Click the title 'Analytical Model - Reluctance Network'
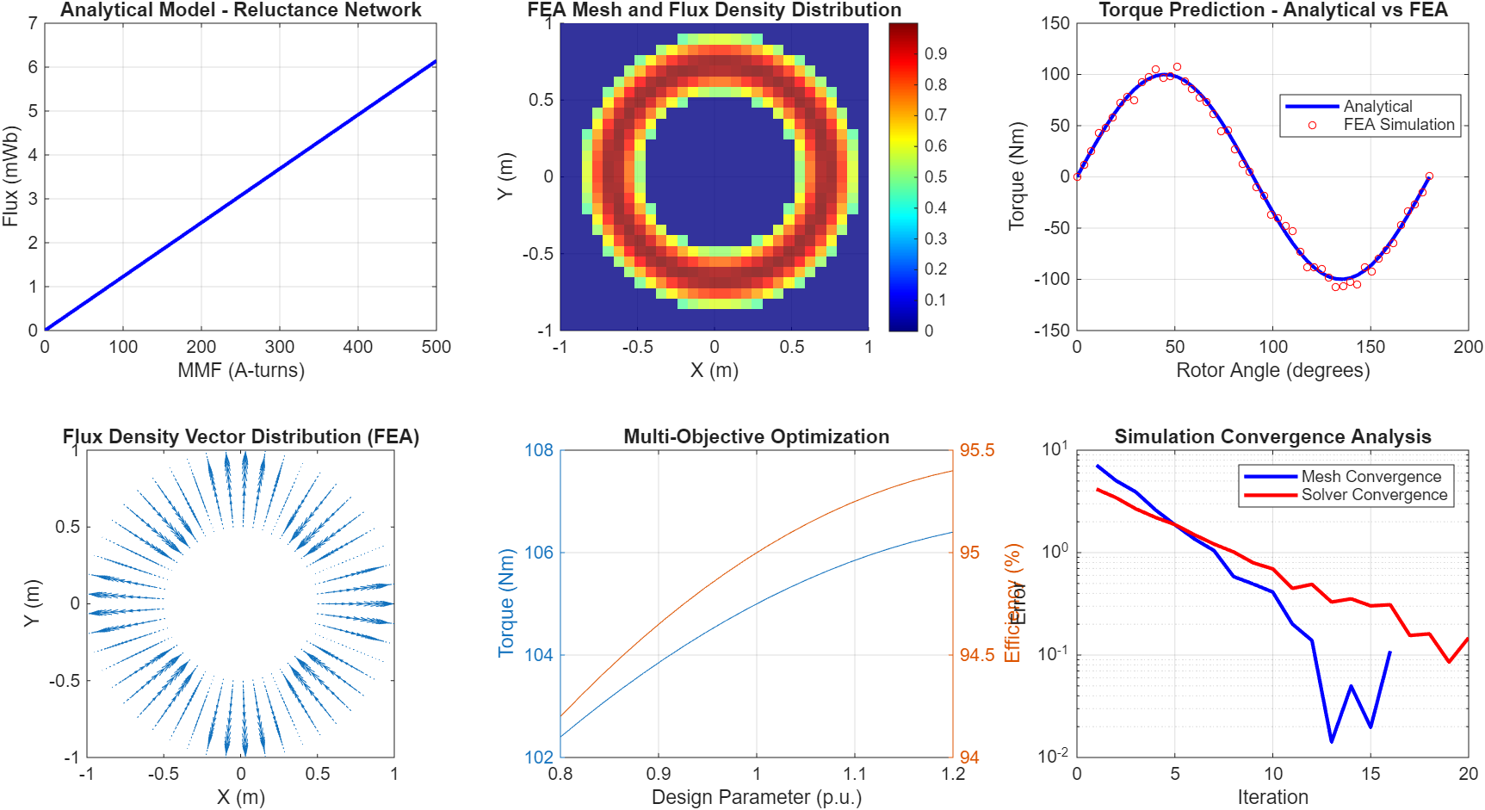(240, 10)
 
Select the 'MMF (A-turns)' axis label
(240, 370)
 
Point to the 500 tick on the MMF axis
(436, 347)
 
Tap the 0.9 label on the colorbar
(936, 53)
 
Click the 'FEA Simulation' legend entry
(1398, 125)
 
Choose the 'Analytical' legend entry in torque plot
(1377, 107)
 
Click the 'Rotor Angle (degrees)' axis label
(1272, 370)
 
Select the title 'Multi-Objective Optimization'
(756, 436)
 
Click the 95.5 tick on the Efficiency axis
(977, 450)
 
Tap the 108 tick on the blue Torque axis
(539, 450)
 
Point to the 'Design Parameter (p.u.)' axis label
(756, 797)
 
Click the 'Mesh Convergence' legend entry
(1371, 477)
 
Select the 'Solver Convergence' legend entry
(1374, 495)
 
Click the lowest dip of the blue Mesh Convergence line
(1331, 741)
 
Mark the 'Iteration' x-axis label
(1272, 797)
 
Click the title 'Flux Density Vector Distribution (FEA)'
(240, 436)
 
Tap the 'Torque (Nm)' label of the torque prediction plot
(1017, 176)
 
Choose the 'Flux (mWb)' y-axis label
(10, 176)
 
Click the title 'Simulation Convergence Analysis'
(1272, 436)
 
